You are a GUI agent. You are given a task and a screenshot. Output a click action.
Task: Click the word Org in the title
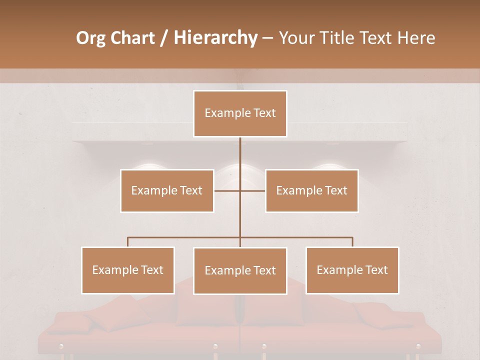pos(90,38)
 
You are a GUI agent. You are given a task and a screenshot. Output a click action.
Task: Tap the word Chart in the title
pos(131,38)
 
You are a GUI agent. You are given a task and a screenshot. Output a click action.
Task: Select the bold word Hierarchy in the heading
pos(215,38)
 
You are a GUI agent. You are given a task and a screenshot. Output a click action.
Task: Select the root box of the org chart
pos(240,113)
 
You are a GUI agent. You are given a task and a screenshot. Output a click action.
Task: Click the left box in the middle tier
pos(167,190)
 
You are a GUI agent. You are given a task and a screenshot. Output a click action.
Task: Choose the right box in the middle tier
pos(311,190)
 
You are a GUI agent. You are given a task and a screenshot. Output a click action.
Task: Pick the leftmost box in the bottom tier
pos(128,270)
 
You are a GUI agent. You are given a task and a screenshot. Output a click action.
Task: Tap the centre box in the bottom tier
pos(240,270)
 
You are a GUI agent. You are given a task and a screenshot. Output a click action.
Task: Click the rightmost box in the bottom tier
pos(352,270)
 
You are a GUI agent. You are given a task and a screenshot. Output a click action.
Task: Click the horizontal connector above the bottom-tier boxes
pos(185,237)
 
